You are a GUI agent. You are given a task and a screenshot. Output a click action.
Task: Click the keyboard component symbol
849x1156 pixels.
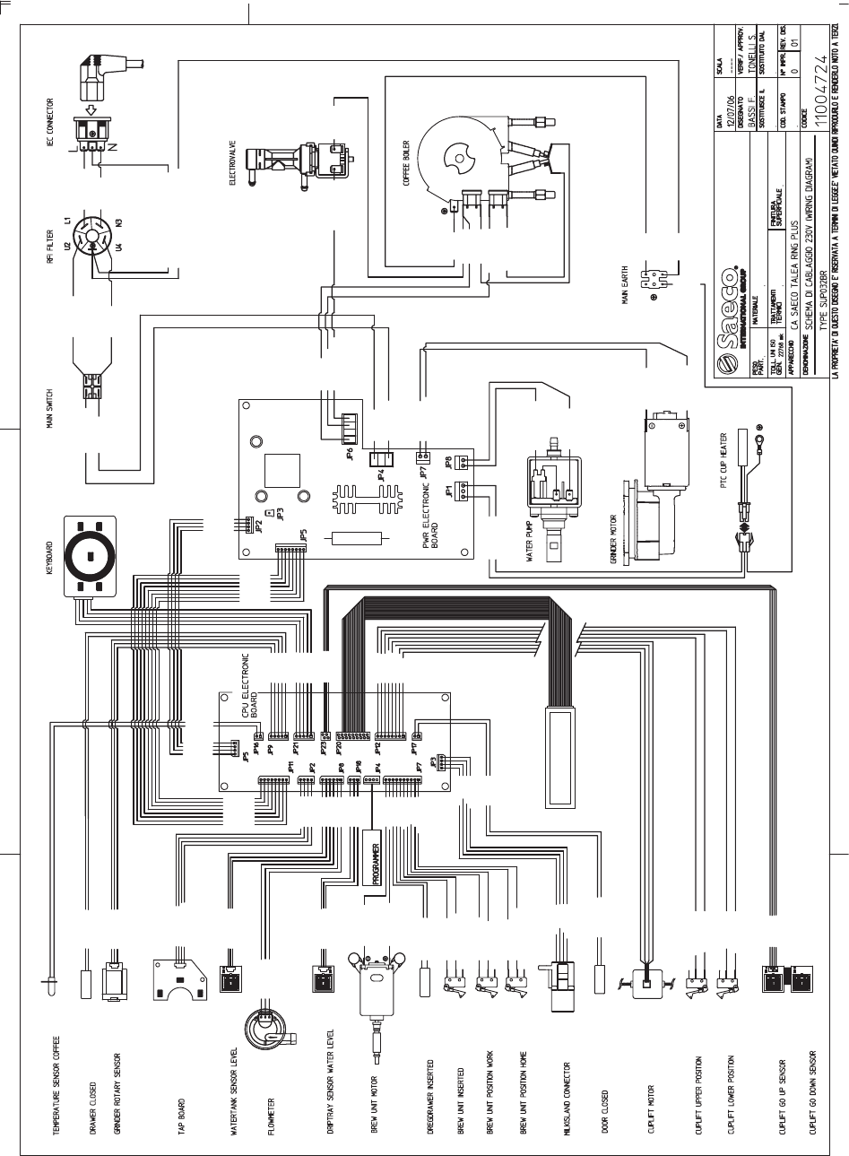point(91,558)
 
